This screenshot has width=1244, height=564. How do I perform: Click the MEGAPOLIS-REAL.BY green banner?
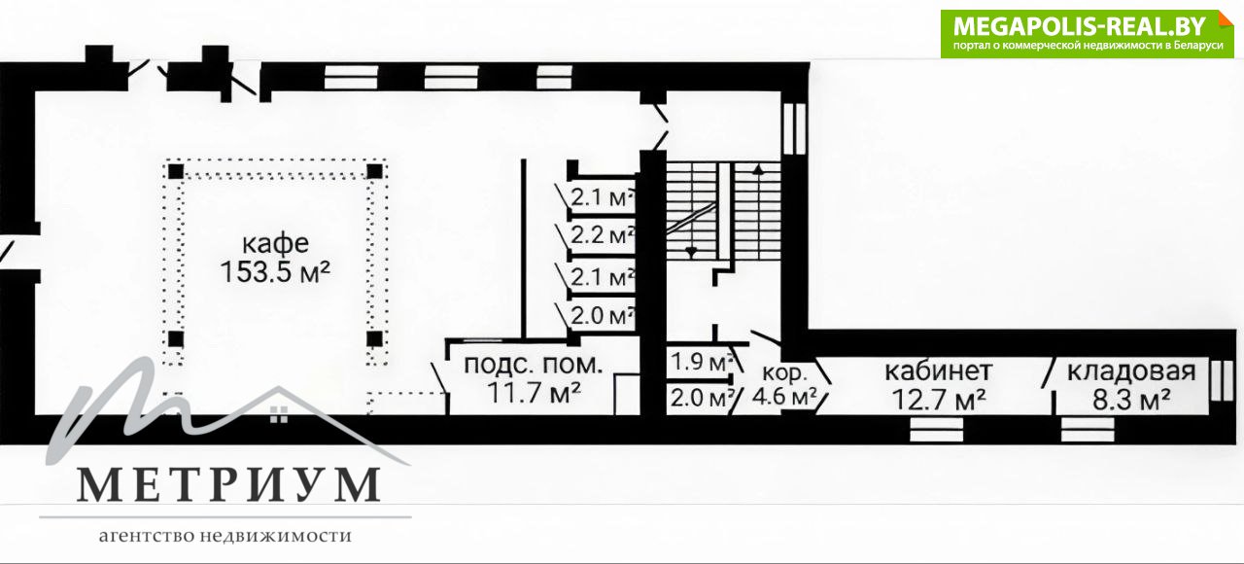[1087, 34]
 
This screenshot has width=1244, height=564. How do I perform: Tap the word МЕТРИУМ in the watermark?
[228, 485]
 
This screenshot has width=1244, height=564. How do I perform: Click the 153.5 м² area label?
[275, 272]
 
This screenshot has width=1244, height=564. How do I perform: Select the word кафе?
[275, 244]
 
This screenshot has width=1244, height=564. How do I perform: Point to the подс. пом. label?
[534, 365]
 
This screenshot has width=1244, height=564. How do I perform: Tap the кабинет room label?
[939, 370]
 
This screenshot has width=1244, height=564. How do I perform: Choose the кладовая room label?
[1131, 371]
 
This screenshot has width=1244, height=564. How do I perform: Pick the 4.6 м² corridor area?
[784, 396]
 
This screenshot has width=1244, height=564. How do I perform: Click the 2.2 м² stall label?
[603, 235]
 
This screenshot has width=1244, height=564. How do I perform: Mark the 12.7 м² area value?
[939, 399]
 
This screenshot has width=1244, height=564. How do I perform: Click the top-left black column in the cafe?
[176, 171]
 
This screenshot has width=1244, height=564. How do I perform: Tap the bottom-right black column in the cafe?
[375, 338]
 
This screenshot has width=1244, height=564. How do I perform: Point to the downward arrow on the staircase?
[691, 253]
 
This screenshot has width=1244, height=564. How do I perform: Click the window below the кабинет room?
[936, 430]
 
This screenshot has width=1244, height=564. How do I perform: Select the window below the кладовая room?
[1088, 430]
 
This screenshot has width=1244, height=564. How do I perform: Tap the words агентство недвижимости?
[225, 536]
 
